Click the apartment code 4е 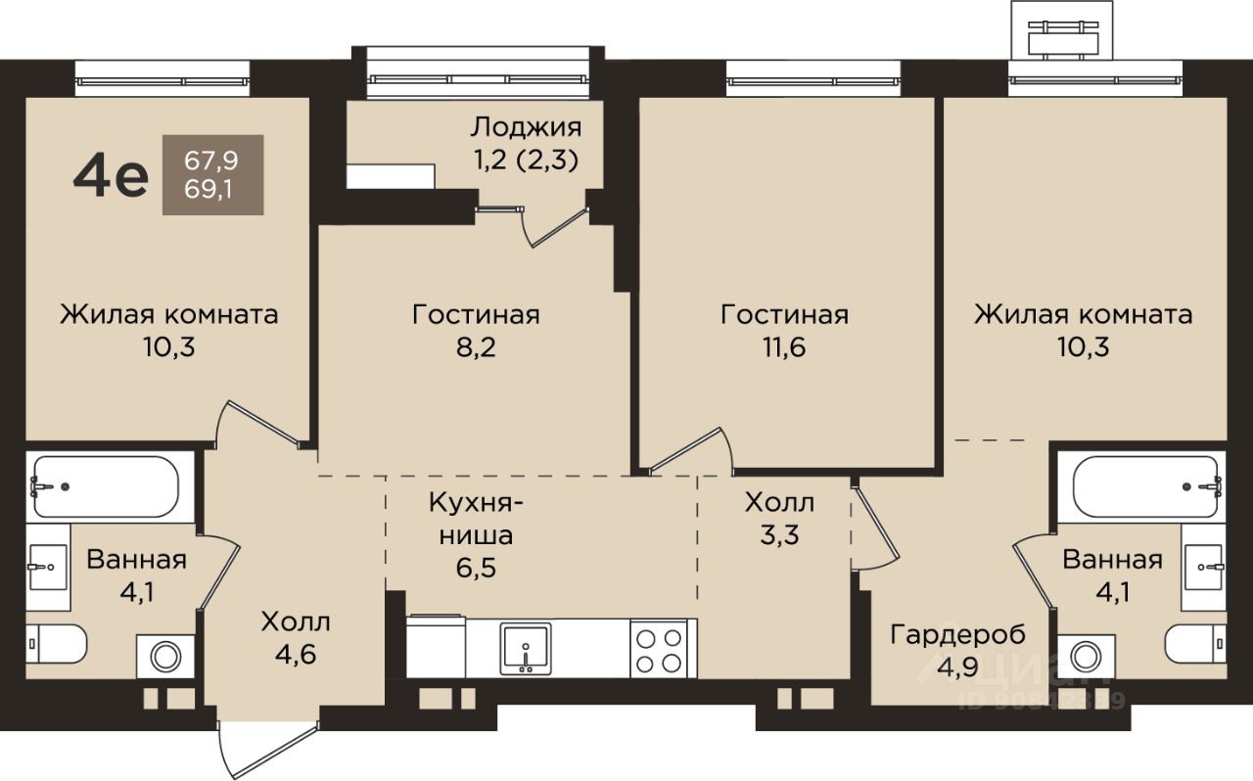(111, 175)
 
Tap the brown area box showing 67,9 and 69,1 (212, 174)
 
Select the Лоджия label (526, 128)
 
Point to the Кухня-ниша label (476, 519)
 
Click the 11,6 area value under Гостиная (784, 347)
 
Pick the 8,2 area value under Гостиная (476, 347)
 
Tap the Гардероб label (958, 634)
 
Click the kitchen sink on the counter (526, 649)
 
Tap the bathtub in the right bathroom (1146, 486)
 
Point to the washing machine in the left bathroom (165, 657)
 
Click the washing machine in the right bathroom (1086, 657)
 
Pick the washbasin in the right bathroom (1202, 567)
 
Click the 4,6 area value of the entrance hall (296, 654)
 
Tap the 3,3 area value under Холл (779, 534)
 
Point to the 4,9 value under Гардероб (957, 666)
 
